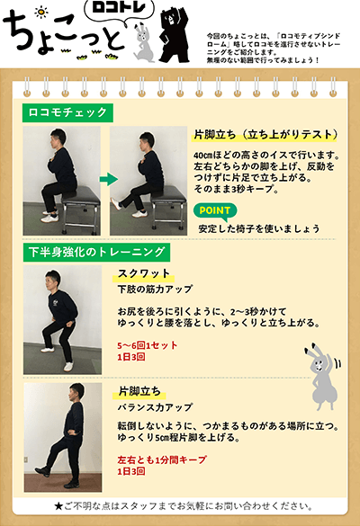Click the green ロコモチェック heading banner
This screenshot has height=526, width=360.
tap(67, 112)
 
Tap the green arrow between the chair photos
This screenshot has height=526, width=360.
tap(109, 179)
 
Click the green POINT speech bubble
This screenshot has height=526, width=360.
tap(215, 211)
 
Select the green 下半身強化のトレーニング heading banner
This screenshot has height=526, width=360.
tap(96, 253)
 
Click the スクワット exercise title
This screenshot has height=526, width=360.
tap(144, 273)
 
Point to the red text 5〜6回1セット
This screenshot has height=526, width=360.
tap(148, 345)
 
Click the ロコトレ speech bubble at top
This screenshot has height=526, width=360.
tap(119, 10)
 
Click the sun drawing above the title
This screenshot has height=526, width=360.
tap(41, 12)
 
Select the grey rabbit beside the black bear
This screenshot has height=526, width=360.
tap(144, 43)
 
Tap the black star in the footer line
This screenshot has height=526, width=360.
tap(58, 505)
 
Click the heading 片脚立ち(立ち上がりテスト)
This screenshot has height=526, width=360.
tap(265, 135)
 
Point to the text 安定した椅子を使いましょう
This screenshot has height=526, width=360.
tap(259, 228)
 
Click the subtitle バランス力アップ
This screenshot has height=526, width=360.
tap(155, 407)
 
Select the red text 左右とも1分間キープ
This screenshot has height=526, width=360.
tap(162, 459)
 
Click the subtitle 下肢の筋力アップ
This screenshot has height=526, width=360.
tap(155, 289)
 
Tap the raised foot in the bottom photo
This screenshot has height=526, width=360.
tap(42, 471)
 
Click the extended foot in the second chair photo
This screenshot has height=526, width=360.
tap(116, 203)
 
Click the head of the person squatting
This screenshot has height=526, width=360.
tap(53, 279)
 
